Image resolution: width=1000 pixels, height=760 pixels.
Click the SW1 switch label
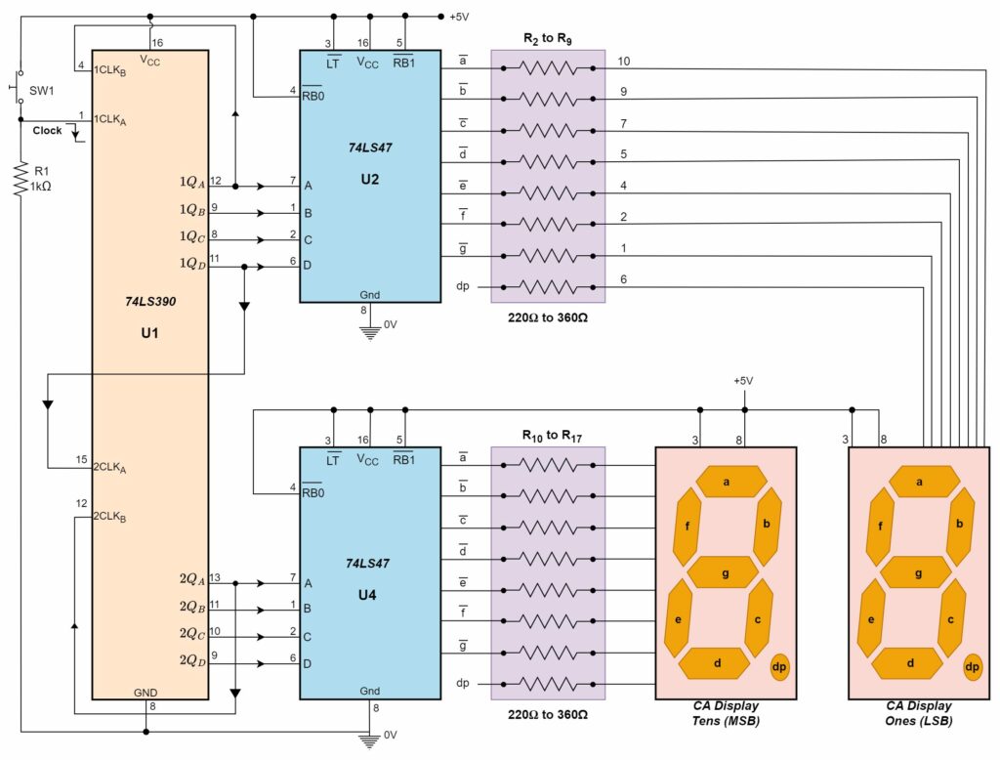[x=42, y=90]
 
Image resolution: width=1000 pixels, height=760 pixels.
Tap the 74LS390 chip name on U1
[x=149, y=303]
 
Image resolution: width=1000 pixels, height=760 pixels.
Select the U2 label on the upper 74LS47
[x=368, y=179]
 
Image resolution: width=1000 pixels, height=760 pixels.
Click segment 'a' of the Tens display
[x=727, y=482]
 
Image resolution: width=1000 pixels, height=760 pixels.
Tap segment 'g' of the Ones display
[x=919, y=573]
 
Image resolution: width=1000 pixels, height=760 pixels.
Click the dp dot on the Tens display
[x=779, y=667]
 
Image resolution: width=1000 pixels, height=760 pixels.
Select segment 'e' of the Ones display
[x=870, y=619]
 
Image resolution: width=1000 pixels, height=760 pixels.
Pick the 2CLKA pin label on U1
[x=110, y=468]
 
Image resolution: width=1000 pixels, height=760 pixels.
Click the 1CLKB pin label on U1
[x=109, y=70]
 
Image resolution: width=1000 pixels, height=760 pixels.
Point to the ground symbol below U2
[x=370, y=331]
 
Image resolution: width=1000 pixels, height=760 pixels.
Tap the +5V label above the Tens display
[x=744, y=380]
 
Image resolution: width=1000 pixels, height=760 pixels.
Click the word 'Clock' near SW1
[x=47, y=130]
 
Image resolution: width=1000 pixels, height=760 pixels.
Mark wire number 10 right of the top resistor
[x=624, y=61]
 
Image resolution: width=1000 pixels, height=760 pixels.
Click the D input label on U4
[x=309, y=663]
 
